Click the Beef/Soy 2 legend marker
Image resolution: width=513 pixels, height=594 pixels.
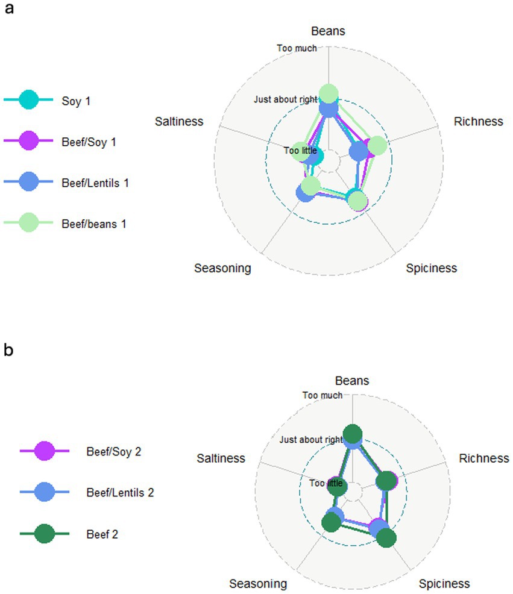tap(45, 451)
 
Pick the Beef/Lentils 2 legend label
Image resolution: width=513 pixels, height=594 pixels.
tap(120, 493)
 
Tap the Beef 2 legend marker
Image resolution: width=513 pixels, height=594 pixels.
tap(45, 533)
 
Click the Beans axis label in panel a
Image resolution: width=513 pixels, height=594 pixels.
tap(328, 31)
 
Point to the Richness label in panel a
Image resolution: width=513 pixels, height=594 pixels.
tap(478, 121)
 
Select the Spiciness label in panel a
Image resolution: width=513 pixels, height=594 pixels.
tap(431, 268)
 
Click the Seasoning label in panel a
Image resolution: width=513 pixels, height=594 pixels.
tap(222, 268)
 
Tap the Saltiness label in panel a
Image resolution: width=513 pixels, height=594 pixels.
tap(179, 121)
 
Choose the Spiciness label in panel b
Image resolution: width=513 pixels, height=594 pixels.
tap(444, 583)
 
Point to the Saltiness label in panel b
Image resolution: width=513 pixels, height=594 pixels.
tap(221, 458)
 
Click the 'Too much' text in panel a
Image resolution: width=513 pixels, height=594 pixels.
tap(296, 48)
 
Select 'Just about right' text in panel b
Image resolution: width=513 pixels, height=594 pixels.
tap(311, 440)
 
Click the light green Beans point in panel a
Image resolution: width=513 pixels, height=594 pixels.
tap(328, 94)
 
